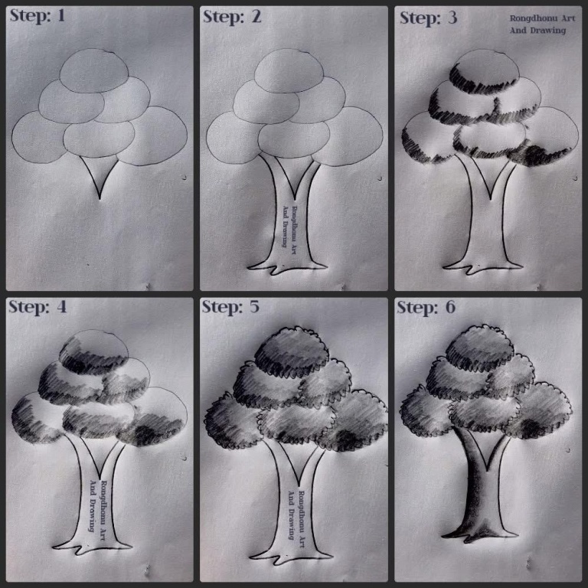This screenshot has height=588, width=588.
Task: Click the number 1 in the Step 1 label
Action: [x=60, y=16]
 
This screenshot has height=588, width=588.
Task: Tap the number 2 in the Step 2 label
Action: [x=256, y=17]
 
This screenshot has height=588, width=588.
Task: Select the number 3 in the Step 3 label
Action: [x=452, y=18]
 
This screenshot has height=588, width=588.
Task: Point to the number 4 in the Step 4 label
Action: [x=61, y=307]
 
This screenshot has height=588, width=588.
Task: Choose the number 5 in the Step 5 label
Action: [x=254, y=307]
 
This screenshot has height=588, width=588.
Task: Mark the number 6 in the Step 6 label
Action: [x=450, y=307]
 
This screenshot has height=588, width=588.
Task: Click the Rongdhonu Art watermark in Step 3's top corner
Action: [x=542, y=24]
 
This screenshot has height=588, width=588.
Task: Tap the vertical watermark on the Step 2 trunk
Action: [x=289, y=226]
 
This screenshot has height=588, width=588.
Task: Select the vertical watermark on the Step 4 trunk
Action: [x=98, y=506]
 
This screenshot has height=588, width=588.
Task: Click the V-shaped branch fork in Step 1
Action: [x=100, y=176]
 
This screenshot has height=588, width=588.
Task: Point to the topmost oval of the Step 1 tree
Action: [x=93, y=71]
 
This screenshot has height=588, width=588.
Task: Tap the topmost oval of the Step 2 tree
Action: [x=289, y=71]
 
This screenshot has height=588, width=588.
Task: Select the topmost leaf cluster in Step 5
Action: [x=292, y=351]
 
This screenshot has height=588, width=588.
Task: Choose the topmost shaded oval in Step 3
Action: [x=485, y=71]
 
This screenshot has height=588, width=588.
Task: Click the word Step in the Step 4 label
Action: [x=28, y=307]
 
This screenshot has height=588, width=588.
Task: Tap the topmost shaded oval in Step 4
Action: [x=93, y=351]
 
